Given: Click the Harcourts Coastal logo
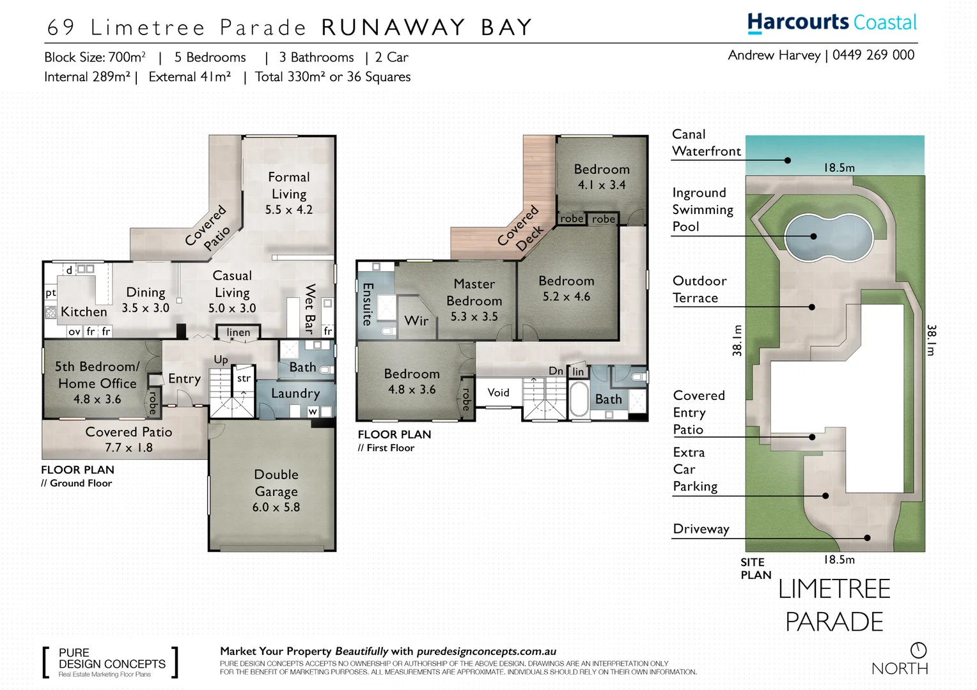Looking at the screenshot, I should pos(832,22).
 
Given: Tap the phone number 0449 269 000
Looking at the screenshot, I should pos(873,55).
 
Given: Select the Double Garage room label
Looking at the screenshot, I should pos(276,491).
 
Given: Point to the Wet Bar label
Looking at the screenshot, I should pos(310,309).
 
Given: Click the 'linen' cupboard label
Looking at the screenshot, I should pos(238,332).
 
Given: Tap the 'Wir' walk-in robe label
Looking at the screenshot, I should pos(416,321).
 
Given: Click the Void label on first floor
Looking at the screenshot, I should pos(499,392).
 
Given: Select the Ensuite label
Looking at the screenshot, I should pos(368,303).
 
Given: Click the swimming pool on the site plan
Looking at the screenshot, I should pos(828,237).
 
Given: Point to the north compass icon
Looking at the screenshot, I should pos(919,650).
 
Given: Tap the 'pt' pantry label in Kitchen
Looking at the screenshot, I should pos(51,293).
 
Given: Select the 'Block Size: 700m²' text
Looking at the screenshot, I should pos(95,57).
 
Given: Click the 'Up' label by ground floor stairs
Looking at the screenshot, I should pos(221,360).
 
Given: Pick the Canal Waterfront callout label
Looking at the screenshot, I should pos(707,143).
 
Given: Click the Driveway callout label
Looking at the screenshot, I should pos(701,529).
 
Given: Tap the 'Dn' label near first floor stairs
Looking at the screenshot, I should pos(556,371).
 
